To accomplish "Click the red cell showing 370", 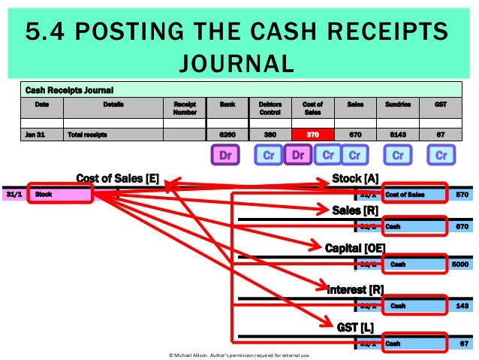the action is click(x=313, y=135).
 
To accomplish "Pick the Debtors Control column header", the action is click(x=270, y=107).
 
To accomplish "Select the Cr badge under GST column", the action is click(x=441, y=156).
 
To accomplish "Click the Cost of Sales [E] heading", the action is click(x=117, y=178).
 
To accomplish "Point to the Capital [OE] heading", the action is click(x=354, y=247).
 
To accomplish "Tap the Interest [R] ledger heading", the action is click(x=355, y=289).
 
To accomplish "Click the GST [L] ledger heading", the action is click(x=355, y=327).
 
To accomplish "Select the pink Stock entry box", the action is click(x=60, y=194).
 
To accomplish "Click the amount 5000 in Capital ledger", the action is click(x=456, y=265).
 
